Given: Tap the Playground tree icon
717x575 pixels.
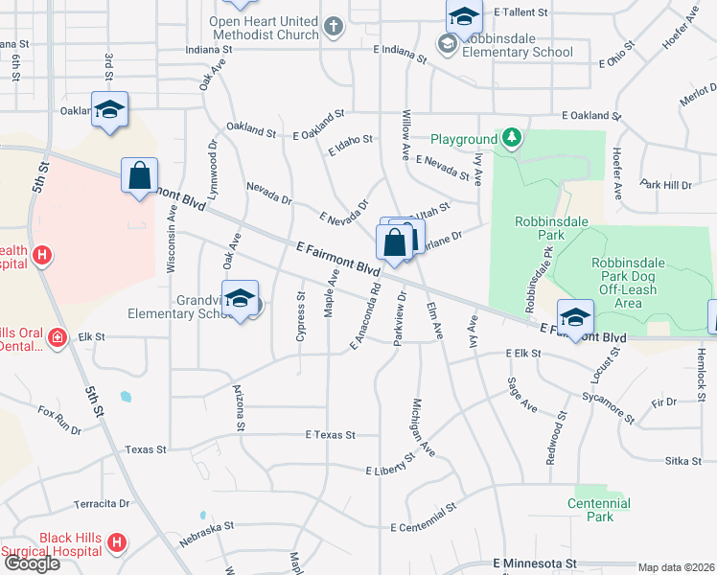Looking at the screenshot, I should point(513,139).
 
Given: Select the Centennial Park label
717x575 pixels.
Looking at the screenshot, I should point(599,510).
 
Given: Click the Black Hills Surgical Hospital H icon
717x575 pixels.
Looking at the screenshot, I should point(117,543).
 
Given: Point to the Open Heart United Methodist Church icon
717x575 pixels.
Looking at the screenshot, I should point(334,27).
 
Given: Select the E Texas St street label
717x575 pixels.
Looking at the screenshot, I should point(330,434).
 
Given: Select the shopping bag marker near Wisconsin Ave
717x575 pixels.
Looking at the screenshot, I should point(140,176).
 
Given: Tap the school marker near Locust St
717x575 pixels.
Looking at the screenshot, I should point(575,318).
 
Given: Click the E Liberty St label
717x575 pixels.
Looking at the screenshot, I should point(390,464).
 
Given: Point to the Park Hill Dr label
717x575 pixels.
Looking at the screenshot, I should point(666,184).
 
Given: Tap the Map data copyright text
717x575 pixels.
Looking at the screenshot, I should point(676,567).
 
